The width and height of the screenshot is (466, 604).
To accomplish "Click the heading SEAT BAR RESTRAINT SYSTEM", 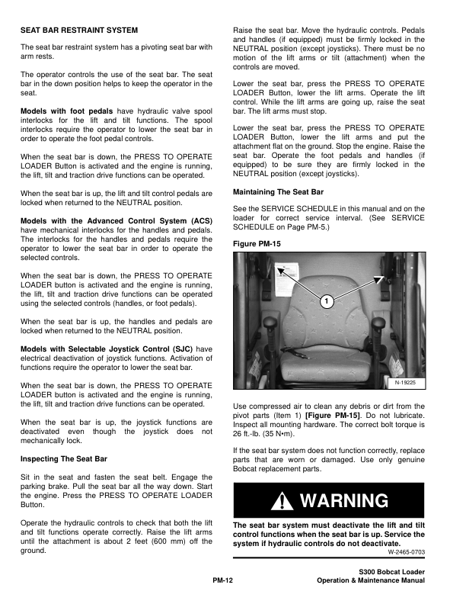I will pyautogui.click(x=79, y=31).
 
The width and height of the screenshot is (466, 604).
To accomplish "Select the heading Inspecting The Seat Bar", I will pyautogui.click(x=64, y=459).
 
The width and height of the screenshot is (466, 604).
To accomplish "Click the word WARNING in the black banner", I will pyautogui.click(x=344, y=502).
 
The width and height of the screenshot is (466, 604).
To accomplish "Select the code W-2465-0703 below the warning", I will pyautogui.click(x=407, y=551).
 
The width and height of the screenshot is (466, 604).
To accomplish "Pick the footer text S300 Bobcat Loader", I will pyautogui.click(x=391, y=572).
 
